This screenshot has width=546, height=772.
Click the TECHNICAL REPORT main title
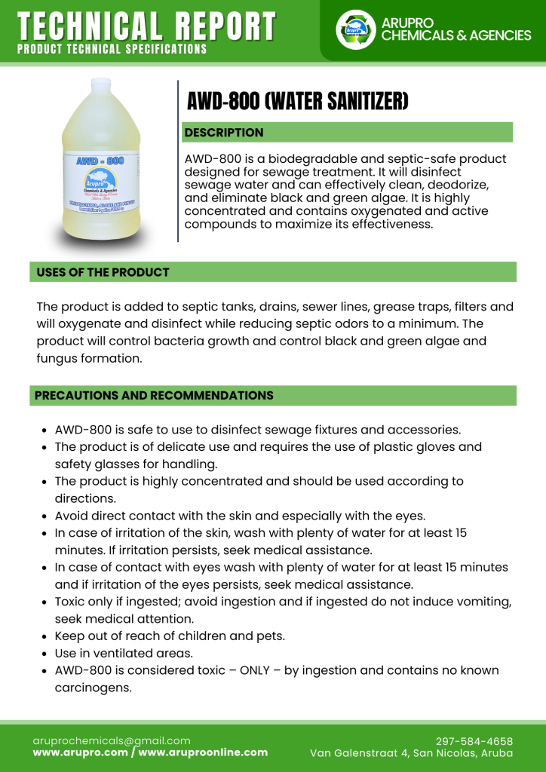click(146, 26)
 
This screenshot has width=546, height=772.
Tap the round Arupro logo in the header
click(355, 29)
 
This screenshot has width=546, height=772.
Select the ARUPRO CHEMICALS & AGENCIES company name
click(456, 29)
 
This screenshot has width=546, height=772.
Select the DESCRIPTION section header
click(224, 133)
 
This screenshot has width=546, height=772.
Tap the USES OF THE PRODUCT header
click(103, 272)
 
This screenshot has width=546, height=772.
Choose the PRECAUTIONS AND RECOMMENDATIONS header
click(154, 396)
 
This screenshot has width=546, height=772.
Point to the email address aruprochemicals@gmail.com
click(112, 741)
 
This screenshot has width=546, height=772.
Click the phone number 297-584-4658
click(474, 741)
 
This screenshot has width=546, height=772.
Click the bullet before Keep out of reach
click(44, 636)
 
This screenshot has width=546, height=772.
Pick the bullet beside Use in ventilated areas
click(44, 654)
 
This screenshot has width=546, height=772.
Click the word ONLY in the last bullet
click(260, 670)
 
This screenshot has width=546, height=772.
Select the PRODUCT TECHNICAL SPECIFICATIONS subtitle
click(112, 49)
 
